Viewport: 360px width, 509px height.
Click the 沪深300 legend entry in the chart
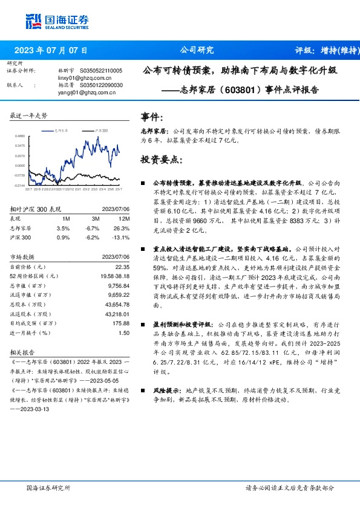click(x=100, y=130)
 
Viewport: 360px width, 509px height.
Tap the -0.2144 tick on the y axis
click(x=20, y=185)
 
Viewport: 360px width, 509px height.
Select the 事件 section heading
click(x=152, y=117)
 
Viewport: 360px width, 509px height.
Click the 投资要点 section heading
click(x=160, y=160)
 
